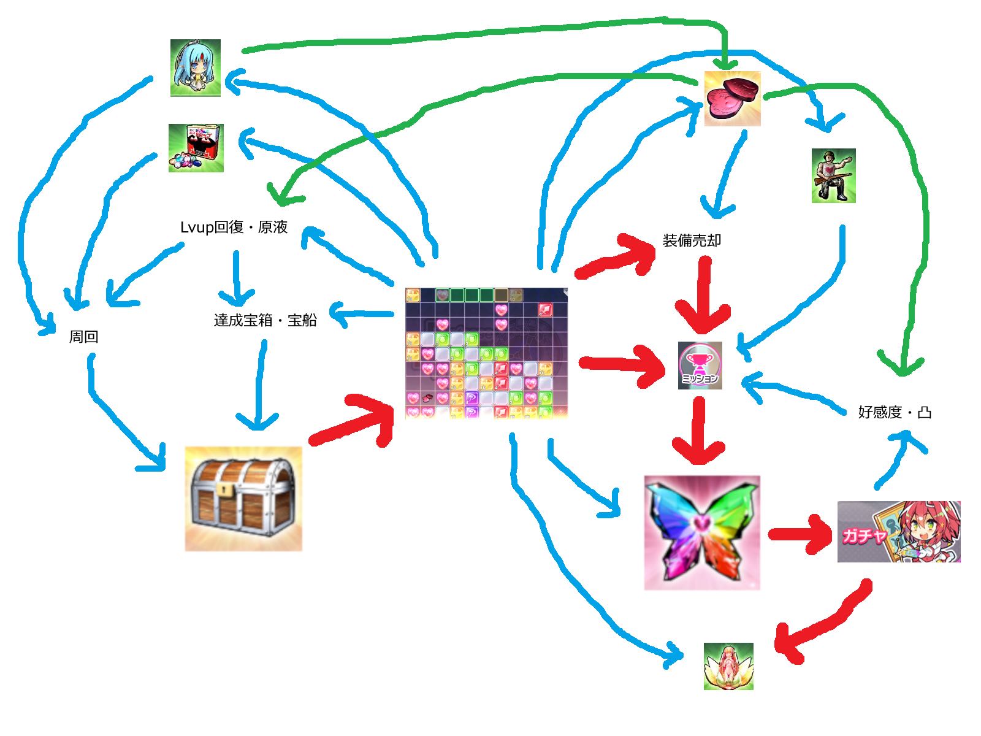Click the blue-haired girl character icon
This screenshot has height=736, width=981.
click(196, 67)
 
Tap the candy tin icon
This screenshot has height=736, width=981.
click(196, 148)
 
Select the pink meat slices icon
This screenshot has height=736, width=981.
click(732, 99)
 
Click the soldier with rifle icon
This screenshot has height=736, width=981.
click(833, 175)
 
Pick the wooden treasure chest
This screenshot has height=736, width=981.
click(243, 499)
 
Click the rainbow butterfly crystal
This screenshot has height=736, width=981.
click(701, 532)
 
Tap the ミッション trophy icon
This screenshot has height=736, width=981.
click(700, 366)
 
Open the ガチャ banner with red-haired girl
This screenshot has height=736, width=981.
click(898, 532)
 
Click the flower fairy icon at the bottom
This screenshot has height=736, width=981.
click(728, 666)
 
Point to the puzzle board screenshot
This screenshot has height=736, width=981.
click(487, 353)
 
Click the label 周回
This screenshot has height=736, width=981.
click(83, 337)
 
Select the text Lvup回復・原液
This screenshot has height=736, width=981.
click(234, 228)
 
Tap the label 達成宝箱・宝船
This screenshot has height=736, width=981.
click(265, 320)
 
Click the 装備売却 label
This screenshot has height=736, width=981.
click(692, 240)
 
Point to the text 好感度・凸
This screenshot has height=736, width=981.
click(895, 412)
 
